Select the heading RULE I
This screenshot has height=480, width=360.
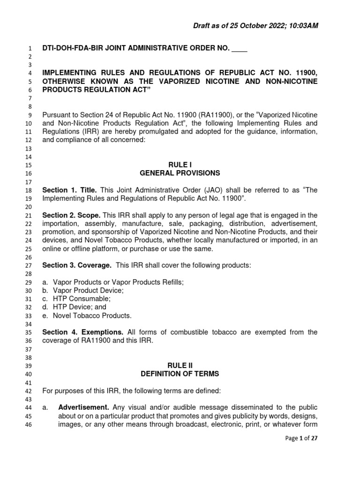(x=180, y=165)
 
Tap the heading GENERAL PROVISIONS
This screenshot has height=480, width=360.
(x=180, y=173)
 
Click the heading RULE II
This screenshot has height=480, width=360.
(x=180, y=365)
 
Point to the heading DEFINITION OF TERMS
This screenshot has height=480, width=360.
(x=180, y=374)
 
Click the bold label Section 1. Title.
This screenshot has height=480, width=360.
(x=69, y=190)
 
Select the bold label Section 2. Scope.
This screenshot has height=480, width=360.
(x=71, y=215)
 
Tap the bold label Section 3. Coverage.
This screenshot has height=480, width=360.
(x=77, y=265)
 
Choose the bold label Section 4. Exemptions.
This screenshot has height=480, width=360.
(x=83, y=332)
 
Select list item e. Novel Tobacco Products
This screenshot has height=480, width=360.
(x=87, y=315)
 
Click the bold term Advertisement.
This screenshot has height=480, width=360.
(x=83, y=407)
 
